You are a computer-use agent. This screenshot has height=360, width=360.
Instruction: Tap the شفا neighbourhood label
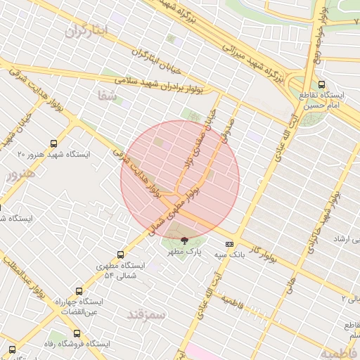(x=108, y=97)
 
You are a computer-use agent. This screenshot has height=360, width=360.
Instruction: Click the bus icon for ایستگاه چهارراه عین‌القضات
(x=77, y=290)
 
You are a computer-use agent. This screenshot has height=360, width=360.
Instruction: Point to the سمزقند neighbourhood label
(x=146, y=314)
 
